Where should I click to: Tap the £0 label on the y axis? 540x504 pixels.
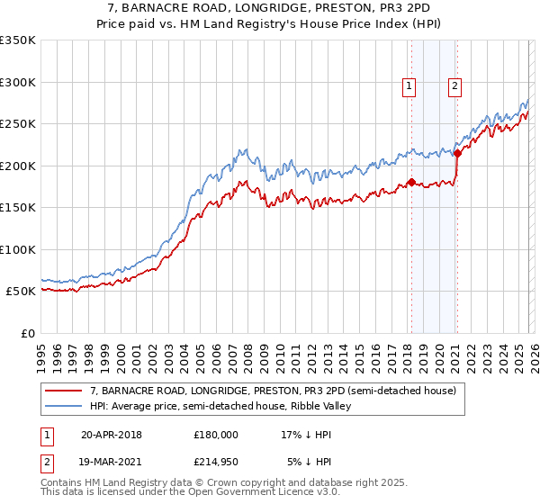[x=27, y=333]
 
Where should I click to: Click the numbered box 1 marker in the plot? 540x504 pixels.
[x=409, y=86]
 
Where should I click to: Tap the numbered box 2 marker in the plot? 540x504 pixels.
[x=455, y=86]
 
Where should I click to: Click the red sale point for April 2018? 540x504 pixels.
[x=411, y=183]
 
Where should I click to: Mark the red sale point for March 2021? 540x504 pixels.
[x=457, y=154]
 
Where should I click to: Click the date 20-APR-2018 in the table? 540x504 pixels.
[x=111, y=434]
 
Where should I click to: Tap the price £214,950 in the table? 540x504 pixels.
[x=216, y=463]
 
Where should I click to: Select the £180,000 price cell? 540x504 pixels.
[x=216, y=434]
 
